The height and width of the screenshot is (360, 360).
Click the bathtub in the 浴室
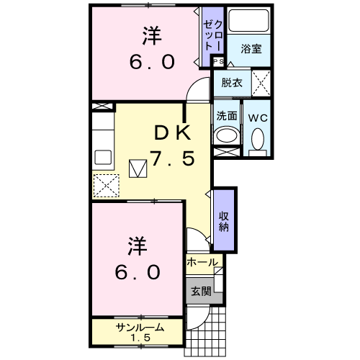[248, 20]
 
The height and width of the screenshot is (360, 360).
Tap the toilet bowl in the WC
[258, 139]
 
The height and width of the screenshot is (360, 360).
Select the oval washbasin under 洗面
[226, 135]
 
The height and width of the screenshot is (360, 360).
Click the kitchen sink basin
[103, 157]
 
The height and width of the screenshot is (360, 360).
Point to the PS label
[218, 62]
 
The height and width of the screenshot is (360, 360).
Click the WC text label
[258, 118]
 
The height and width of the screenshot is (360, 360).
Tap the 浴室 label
[251, 49]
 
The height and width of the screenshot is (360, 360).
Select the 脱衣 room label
[232, 83]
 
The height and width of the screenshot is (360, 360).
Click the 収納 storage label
[224, 222]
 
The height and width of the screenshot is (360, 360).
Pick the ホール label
[202, 262]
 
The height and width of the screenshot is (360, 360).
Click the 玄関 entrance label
[201, 292]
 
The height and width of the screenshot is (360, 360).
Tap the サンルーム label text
[140, 328]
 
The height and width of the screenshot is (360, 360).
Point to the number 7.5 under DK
[172, 158]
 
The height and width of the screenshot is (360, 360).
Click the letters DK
[173, 133]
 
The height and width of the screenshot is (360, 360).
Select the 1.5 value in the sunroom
[140, 338]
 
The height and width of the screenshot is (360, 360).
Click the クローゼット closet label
[213, 35]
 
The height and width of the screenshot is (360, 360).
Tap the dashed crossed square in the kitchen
[106, 186]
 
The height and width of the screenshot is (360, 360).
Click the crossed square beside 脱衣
[261, 84]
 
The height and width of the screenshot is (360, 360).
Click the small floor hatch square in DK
[138, 168]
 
